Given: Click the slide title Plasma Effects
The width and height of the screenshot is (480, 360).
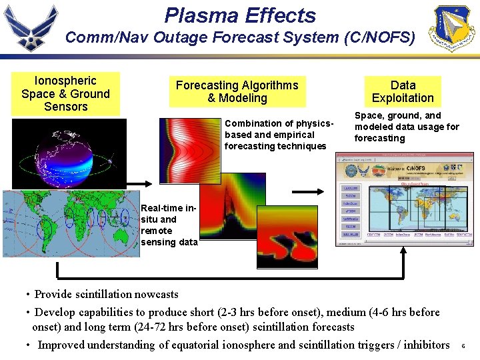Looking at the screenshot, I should pyautogui.click(x=240, y=15).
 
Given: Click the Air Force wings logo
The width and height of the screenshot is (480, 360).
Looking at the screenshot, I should pyautogui.click(x=31, y=28).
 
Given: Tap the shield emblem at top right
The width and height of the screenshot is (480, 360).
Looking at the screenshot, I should pyautogui.click(x=454, y=29).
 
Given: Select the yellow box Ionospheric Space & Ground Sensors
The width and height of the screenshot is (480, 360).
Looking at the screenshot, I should pyautogui.click(x=65, y=93).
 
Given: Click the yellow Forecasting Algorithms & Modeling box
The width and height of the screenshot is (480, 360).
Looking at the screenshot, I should pyautogui.click(x=237, y=92).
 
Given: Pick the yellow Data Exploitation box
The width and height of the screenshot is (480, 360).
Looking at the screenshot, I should pyautogui.click(x=403, y=92).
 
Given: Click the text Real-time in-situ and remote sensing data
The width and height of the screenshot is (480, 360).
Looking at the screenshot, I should pyautogui.click(x=169, y=225).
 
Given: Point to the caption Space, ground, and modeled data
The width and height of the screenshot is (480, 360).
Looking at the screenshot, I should pyautogui.click(x=407, y=127).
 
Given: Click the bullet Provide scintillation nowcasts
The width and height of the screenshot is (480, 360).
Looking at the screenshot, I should pyautogui.click(x=107, y=294).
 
